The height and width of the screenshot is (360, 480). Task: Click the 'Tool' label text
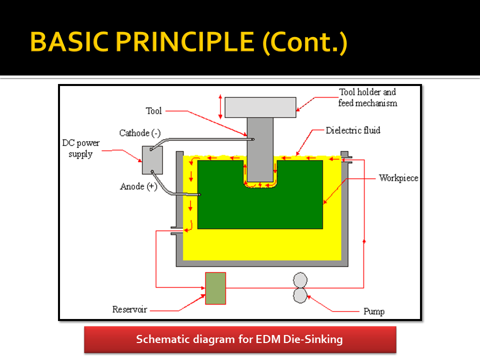click(x=153, y=110)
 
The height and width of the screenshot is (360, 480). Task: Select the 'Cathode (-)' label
click(x=139, y=133)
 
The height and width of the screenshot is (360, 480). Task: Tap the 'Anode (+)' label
click(x=138, y=186)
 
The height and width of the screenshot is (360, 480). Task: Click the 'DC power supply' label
click(x=80, y=148)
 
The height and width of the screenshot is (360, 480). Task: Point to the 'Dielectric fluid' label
click(x=353, y=130)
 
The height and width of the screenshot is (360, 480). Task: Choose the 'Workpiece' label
click(x=398, y=178)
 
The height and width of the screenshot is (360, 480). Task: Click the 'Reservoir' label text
click(x=129, y=309)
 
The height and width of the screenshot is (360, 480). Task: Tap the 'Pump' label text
click(x=373, y=311)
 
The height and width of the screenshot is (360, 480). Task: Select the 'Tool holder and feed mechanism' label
click(x=367, y=97)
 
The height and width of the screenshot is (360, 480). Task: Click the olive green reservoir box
click(x=215, y=288)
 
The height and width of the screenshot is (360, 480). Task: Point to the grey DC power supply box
click(x=152, y=160)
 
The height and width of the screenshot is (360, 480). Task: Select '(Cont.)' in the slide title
click(x=304, y=42)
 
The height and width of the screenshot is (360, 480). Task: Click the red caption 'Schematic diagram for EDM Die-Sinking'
click(x=239, y=339)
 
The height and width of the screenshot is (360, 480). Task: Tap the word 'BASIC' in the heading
click(x=66, y=42)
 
